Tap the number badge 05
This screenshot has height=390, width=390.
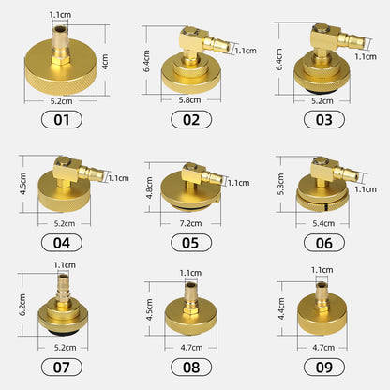pyautogui.click(x=192, y=243)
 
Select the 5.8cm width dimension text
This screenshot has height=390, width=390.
pyautogui.click(x=191, y=97)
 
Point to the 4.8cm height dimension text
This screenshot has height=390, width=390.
pyautogui.click(x=151, y=178)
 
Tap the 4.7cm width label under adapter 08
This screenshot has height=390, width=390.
pyautogui.click(x=191, y=348)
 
